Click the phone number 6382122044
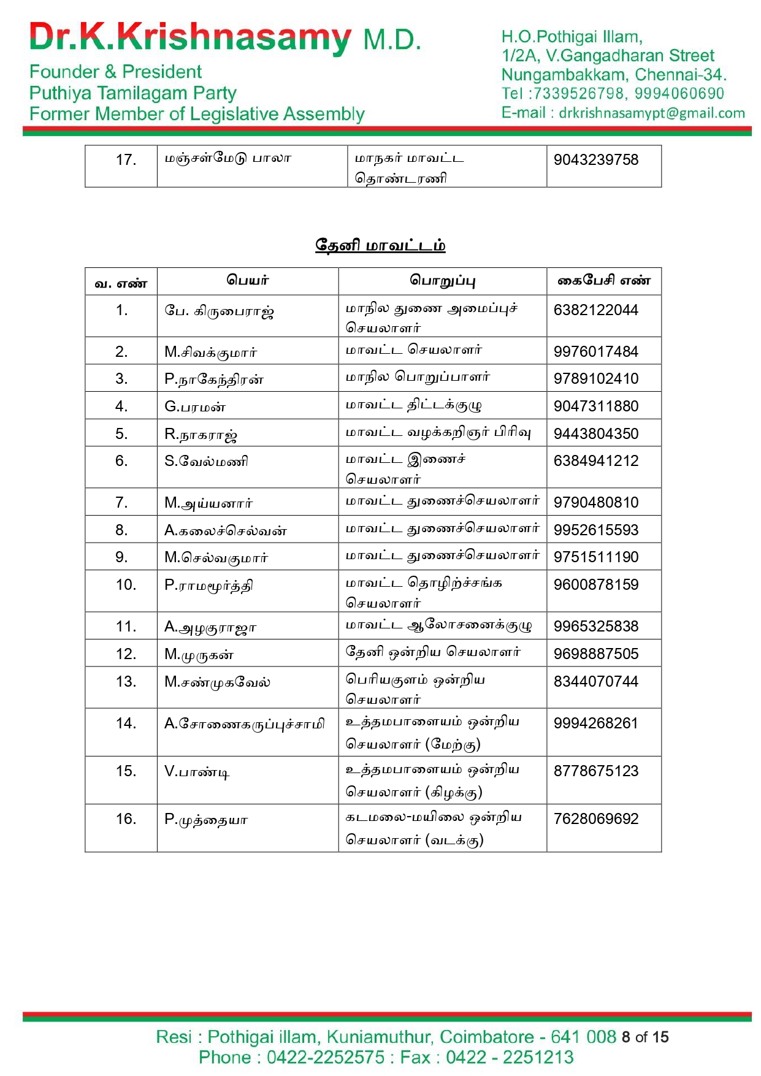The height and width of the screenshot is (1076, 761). tap(595, 310)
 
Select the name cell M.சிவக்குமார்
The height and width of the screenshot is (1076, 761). tap(210, 352)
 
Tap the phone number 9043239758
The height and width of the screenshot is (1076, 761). tap(595, 160)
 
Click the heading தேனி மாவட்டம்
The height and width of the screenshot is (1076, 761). tap(380, 245)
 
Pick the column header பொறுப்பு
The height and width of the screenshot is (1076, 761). tap(442, 281)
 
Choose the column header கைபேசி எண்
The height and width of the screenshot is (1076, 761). tap(603, 281)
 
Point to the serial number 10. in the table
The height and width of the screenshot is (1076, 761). tap(126, 585)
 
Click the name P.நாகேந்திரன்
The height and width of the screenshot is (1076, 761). tap(213, 380)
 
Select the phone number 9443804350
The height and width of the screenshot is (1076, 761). tap(595, 434)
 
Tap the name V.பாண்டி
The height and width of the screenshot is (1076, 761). tap(196, 771)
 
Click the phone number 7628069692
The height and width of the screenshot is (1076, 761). tap(595, 819)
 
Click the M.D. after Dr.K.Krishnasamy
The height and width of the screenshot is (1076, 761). tap(392, 40)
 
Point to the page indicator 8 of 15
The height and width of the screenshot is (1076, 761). tap(644, 1037)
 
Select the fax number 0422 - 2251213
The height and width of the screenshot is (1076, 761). tap(510, 1058)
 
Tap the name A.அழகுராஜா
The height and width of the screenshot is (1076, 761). tap(210, 627)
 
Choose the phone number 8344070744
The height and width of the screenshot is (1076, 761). tap(595, 682)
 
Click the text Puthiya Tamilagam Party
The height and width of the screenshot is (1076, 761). tap(132, 93)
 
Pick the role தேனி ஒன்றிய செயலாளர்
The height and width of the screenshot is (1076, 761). tap(433, 652)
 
